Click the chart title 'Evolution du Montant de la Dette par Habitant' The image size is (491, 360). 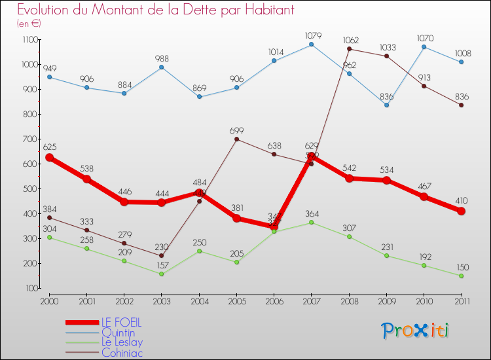tap(155, 10)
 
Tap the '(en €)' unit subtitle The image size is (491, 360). tap(29, 24)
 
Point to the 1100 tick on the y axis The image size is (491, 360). tap(30, 40)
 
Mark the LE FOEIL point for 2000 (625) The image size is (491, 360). tap(49, 158)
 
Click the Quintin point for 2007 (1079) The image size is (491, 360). tap(311, 45)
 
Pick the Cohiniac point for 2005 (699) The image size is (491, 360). tap(236, 139)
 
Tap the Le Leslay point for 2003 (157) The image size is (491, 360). tap(162, 274)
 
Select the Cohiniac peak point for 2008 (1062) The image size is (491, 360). tap(349, 48)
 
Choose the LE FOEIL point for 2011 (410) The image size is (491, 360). tap(461, 211)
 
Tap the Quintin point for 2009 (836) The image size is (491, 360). tap(386, 105)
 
